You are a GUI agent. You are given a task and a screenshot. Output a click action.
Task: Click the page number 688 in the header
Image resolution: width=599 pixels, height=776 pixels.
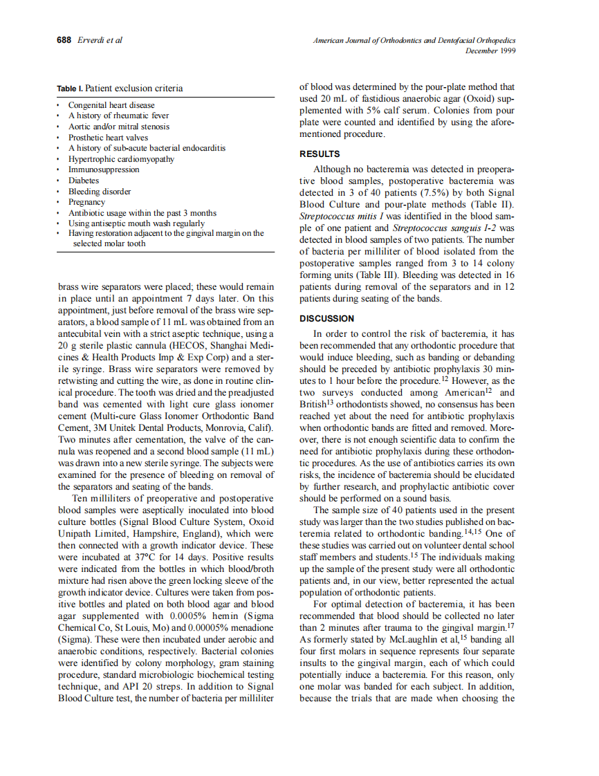64,40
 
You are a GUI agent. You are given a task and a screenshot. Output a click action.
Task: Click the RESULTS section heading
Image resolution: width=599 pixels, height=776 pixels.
319,154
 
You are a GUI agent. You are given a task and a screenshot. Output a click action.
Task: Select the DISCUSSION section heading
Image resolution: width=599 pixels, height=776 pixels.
326,318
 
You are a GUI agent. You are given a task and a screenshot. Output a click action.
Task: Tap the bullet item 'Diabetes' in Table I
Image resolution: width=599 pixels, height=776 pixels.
83,181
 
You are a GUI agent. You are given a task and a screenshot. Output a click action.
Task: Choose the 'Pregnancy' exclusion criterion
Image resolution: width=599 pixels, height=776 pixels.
86,202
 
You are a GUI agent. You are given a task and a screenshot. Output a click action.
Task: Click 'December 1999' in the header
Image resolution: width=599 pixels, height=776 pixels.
490,50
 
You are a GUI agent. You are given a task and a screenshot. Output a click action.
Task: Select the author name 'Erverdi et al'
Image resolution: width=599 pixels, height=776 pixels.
100,40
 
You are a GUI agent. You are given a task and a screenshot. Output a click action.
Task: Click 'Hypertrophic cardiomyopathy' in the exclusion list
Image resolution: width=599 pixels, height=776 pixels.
120,158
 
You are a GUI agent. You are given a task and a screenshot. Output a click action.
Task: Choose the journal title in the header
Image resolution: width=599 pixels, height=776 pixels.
414,41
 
